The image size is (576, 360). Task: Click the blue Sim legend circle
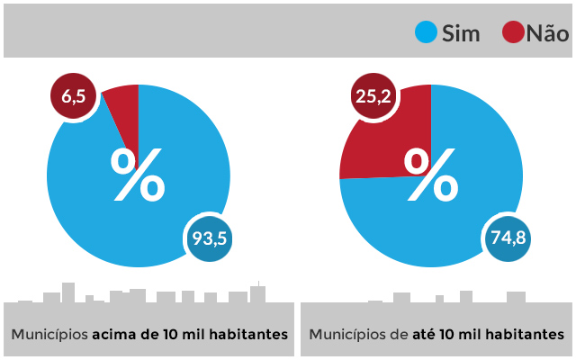click(426, 33)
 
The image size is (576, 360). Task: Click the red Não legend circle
click(513, 33)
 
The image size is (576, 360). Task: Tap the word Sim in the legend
click(462, 34)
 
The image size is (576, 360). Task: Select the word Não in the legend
click(547, 34)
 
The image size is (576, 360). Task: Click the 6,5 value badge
click(74, 96)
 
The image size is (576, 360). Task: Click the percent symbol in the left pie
click(138, 175)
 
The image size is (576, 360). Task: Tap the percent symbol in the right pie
click(431, 175)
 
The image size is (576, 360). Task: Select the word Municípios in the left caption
click(49, 334)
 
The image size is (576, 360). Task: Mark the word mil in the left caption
click(193, 334)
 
